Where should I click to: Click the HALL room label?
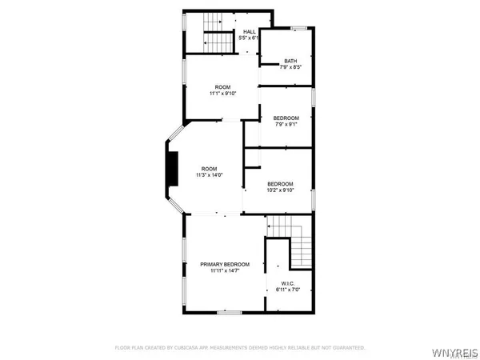[x=249, y=31]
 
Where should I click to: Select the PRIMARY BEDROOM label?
[x=225, y=264]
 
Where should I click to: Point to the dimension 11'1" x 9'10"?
[x=222, y=94]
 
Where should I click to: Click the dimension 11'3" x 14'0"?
[x=209, y=175]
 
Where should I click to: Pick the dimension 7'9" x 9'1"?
[x=286, y=124]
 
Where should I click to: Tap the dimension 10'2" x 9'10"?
[x=280, y=190]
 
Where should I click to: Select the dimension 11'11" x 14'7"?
[x=225, y=271]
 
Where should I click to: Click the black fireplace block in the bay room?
[x=170, y=167]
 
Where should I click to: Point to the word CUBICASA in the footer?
[x=194, y=348]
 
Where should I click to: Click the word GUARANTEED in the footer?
[x=347, y=348]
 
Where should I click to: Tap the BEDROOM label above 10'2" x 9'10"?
[x=280, y=183]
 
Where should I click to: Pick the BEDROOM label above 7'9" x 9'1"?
[x=286, y=118]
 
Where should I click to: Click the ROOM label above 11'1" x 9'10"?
[x=222, y=86]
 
